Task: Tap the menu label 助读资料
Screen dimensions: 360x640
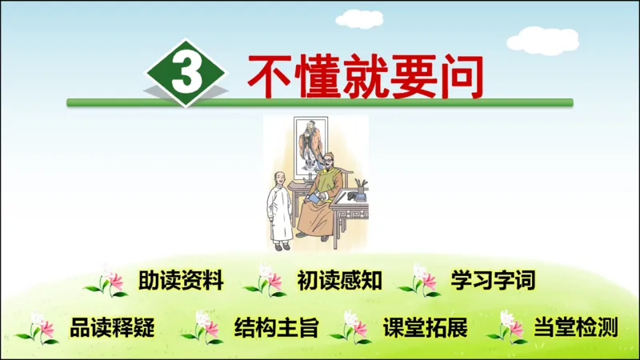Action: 180,281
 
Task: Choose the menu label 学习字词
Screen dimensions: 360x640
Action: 492,281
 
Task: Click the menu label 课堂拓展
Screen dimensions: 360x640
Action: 425,327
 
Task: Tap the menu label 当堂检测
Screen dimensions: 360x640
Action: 575,327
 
